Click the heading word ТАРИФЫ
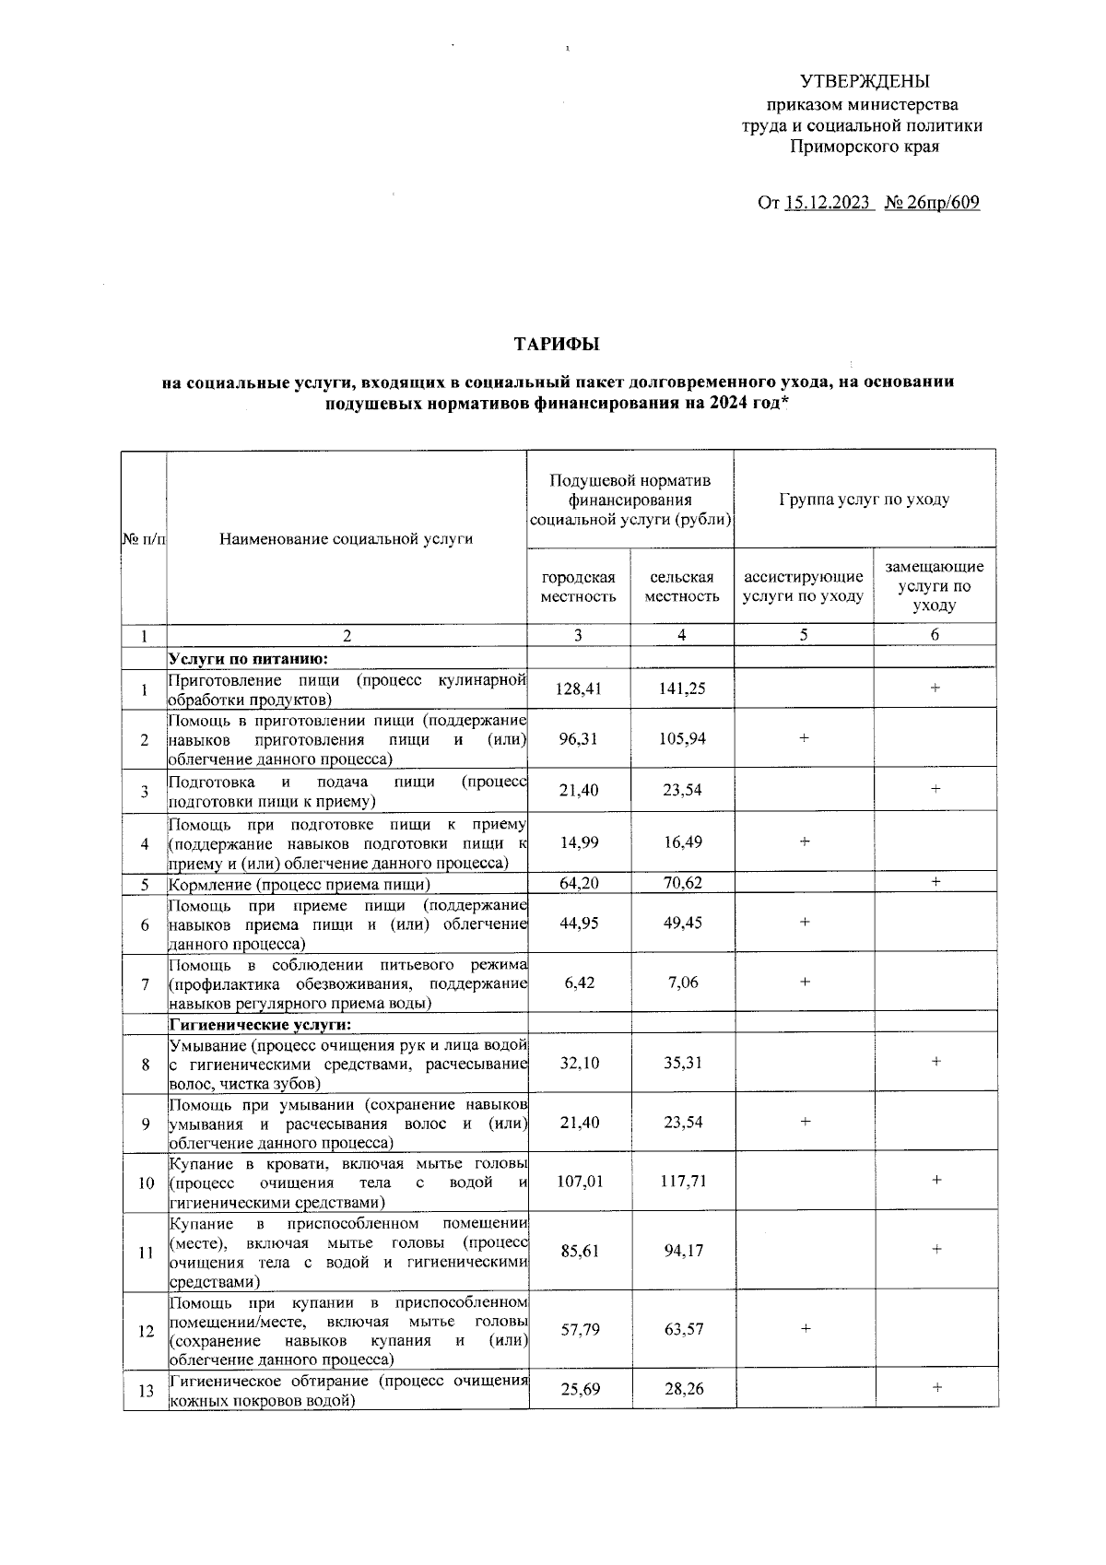[556, 345]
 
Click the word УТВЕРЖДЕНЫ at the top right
[864, 81]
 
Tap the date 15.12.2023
[828, 202]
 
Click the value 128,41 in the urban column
[578, 688]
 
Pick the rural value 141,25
[682, 688]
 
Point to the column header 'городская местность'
[578, 586]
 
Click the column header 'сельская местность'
[682, 586]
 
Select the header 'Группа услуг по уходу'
[864, 500]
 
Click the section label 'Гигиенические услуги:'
[261, 1024]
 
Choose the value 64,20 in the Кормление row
[578, 882]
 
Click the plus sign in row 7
[805, 983]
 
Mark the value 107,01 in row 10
[578, 1181]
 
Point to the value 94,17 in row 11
[682, 1250]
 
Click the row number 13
[145, 1392]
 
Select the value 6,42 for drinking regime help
[578, 983]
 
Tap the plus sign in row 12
[805, 1328]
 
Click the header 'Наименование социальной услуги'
[346, 538]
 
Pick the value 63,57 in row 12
[682, 1328]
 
